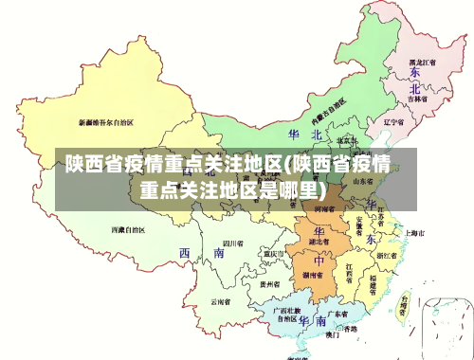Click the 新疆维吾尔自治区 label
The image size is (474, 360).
coord(106,122)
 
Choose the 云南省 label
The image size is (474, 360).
coord(223,301)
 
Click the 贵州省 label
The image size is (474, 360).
coord(270,282)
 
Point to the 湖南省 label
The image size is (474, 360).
coord(311,275)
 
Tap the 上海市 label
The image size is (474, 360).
coord(413,233)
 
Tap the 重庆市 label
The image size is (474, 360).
coord(274,254)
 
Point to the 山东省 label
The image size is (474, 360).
coord(363,180)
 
